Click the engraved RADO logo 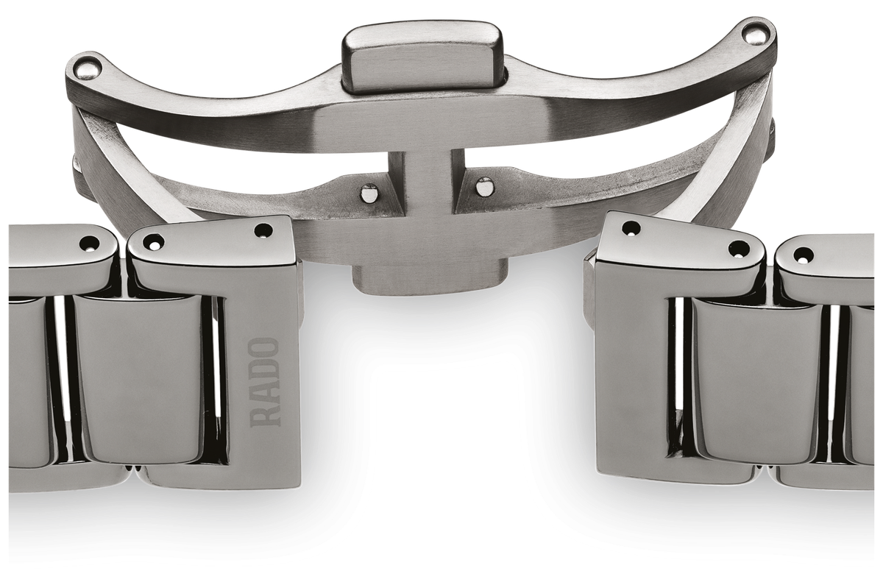265,383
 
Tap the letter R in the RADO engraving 265,416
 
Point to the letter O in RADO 265,349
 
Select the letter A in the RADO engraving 265,394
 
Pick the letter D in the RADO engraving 265,372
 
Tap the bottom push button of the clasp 430,279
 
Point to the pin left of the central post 369,192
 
